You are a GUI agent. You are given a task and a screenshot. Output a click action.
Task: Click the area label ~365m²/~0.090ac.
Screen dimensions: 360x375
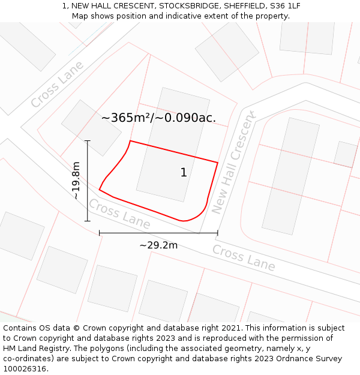tap(158, 118)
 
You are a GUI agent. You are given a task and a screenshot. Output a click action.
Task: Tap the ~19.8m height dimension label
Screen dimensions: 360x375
tap(76, 181)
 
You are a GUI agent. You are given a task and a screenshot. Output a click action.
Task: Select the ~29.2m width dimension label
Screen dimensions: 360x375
tap(158, 245)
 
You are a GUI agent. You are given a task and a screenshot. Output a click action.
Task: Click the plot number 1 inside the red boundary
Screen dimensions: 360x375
tap(184, 173)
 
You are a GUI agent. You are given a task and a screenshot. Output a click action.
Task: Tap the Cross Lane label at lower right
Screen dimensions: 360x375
tap(244, 258)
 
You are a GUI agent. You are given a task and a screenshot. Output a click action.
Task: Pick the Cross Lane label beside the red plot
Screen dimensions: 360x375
tap(119, 214)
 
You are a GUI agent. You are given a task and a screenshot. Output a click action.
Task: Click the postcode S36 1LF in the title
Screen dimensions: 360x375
tap(285, 6)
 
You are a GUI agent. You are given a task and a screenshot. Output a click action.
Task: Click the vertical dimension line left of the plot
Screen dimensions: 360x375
tap(88, 181)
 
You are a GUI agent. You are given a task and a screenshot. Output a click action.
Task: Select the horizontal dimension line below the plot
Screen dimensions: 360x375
tap(158, 233)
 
